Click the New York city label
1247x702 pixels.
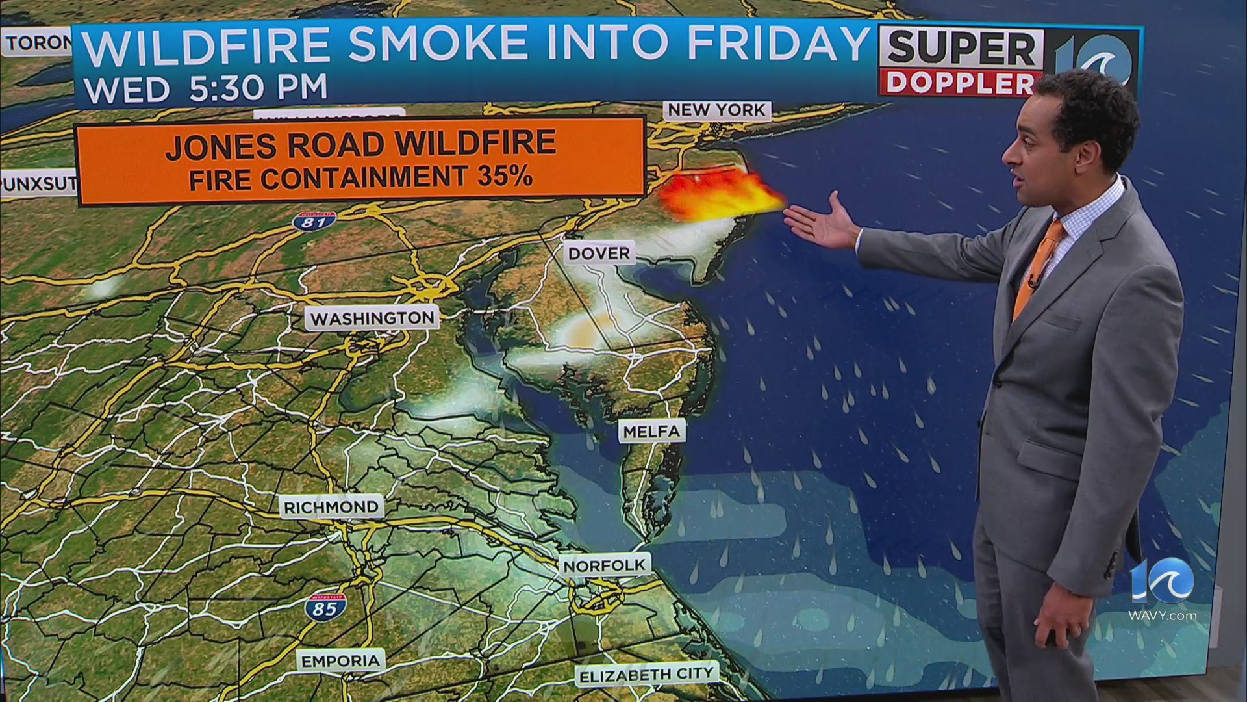717,110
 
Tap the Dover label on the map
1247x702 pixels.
599,253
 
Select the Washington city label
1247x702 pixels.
372,318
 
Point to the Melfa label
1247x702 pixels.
651,432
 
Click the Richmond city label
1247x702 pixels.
331,507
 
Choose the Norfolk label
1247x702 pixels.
605,565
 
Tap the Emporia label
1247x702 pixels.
340,661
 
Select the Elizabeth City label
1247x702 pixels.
646,675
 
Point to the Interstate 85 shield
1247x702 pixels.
325,607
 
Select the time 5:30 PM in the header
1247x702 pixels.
258,88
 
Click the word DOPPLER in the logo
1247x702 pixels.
960,83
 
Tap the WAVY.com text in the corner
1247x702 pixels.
1163,616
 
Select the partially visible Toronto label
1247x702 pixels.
38,43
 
